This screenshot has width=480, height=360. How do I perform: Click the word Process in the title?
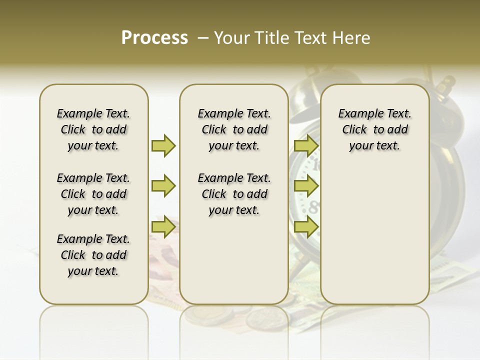point(154,38)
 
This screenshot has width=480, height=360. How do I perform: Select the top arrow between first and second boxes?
point(163,145)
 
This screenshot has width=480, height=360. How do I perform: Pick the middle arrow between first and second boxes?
point(163,186)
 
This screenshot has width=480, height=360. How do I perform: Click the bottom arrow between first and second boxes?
point(163,227)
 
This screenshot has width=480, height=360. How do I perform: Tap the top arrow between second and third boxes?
point(306,145)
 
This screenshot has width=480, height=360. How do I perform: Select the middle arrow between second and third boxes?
point(306,186)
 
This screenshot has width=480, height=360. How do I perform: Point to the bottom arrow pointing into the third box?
point(306,227)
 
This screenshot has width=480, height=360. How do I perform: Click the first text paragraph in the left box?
point(93,129)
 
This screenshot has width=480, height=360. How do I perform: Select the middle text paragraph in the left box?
point(93,194)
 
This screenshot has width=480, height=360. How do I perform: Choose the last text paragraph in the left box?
point(93,255)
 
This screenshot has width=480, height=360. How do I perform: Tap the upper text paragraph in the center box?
point(234,129)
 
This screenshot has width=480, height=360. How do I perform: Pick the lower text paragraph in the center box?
point(234,194)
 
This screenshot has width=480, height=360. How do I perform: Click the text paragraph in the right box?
point(375,129)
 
